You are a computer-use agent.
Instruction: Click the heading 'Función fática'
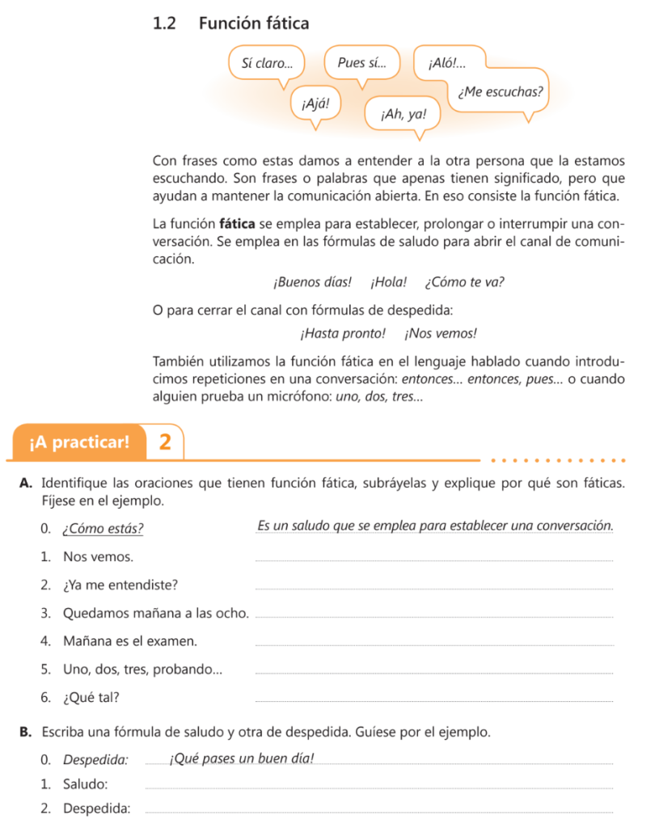[253, 23]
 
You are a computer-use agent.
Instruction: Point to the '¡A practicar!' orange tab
[78, 442]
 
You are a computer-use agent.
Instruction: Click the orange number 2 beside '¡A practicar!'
[165, 442]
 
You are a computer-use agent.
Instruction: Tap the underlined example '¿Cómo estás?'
[103, 530]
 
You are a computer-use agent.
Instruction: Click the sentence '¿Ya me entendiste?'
[120, 585]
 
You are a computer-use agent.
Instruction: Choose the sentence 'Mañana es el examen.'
[129, 641]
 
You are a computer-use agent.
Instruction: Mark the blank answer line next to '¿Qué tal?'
[434, 700]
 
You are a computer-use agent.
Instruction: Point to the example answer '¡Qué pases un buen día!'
[241, 758]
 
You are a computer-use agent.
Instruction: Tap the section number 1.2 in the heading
[164, 23]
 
